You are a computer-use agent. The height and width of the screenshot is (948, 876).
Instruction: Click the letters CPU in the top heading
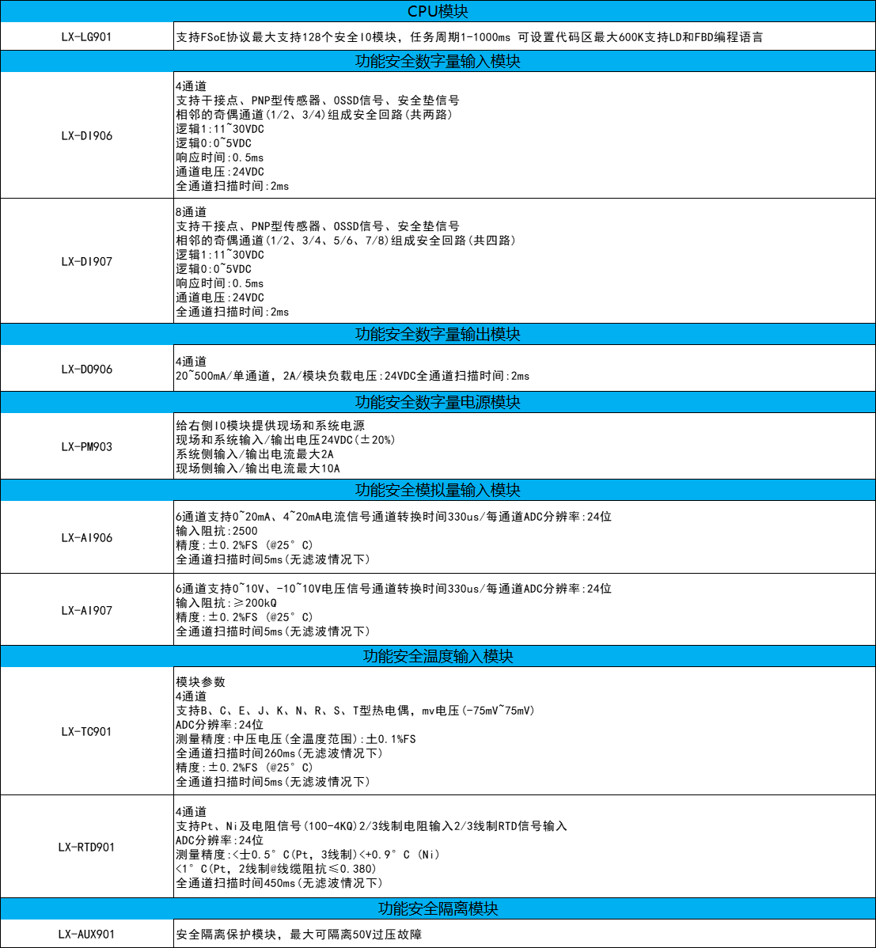tap(422, 11)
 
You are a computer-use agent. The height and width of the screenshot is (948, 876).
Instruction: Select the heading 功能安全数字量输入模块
tap(438, 61)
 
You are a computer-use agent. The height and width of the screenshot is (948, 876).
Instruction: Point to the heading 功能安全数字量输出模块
tap(438, 334)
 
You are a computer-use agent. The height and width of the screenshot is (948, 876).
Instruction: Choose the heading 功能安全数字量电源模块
tap(438, 402)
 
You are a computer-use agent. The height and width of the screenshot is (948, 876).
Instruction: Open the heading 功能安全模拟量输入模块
tap(438, 490)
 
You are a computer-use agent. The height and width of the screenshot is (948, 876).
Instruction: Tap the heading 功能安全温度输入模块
tap(438, 656)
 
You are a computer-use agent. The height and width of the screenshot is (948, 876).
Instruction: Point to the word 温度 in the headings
tap(438, 656)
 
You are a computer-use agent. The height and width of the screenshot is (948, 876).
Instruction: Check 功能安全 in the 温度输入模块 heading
tap(392, 656)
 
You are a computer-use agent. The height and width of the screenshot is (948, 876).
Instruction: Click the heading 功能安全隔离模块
tap(438, 908)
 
